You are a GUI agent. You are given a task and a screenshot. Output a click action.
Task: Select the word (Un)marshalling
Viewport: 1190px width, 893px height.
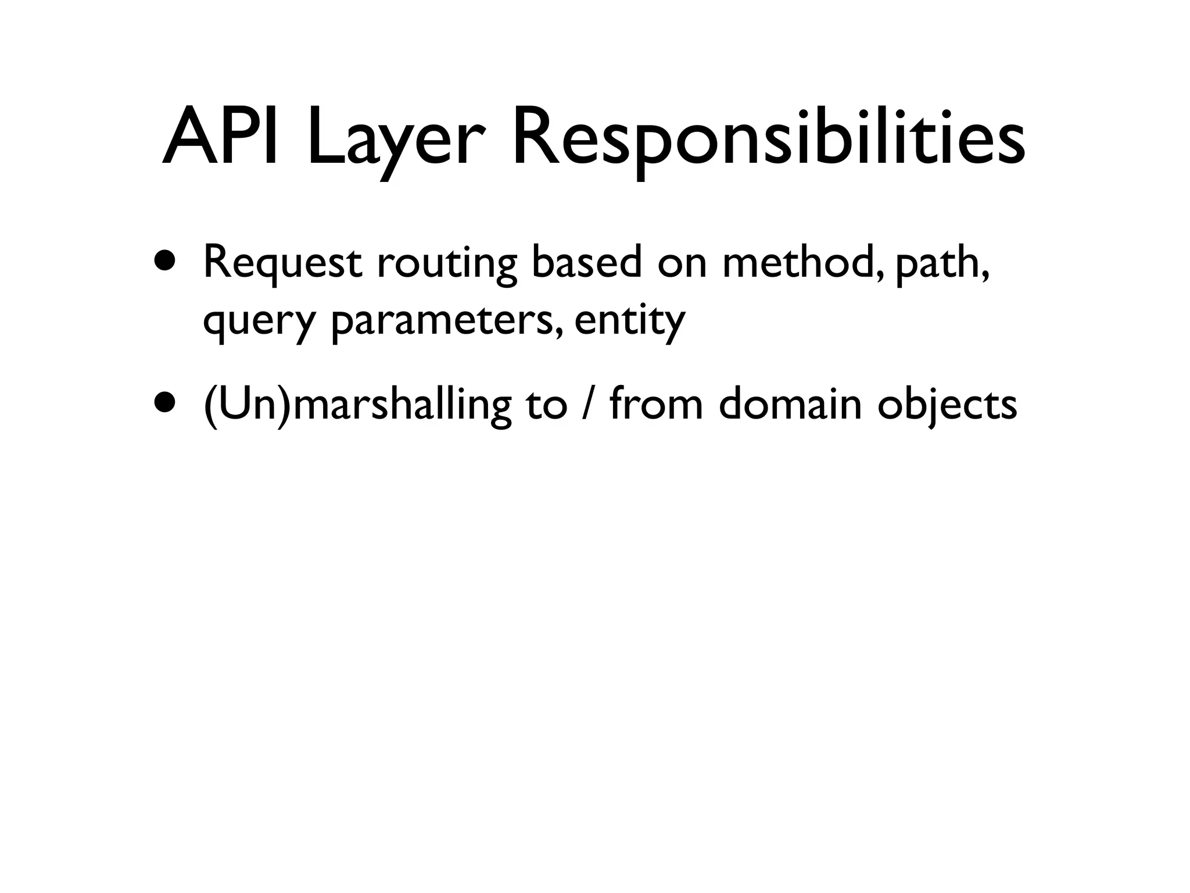click(x=357, y=405)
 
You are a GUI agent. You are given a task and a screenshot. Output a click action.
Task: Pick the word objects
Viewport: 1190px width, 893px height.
click(x=947, y=405)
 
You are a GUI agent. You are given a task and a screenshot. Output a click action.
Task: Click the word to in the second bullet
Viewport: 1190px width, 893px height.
click(x=546, y=405)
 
